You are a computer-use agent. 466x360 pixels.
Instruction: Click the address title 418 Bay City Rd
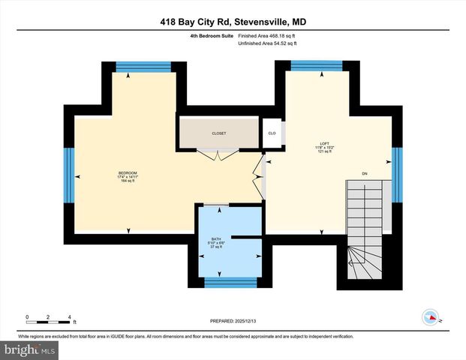tap(232, 22)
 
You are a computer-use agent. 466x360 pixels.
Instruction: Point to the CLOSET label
tap(218, 133)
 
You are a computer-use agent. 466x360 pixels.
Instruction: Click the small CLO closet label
tap(272, 133)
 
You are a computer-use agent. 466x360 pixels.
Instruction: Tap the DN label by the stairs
tap(365, 174)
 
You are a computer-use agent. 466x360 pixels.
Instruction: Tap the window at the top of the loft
tap(316, 66)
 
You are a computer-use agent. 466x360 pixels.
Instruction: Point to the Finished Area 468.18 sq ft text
tap(268, 35)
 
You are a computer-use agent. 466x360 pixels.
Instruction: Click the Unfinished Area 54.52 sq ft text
tap(268, 44)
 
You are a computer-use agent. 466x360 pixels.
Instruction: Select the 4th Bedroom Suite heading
tap(212, 35)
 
